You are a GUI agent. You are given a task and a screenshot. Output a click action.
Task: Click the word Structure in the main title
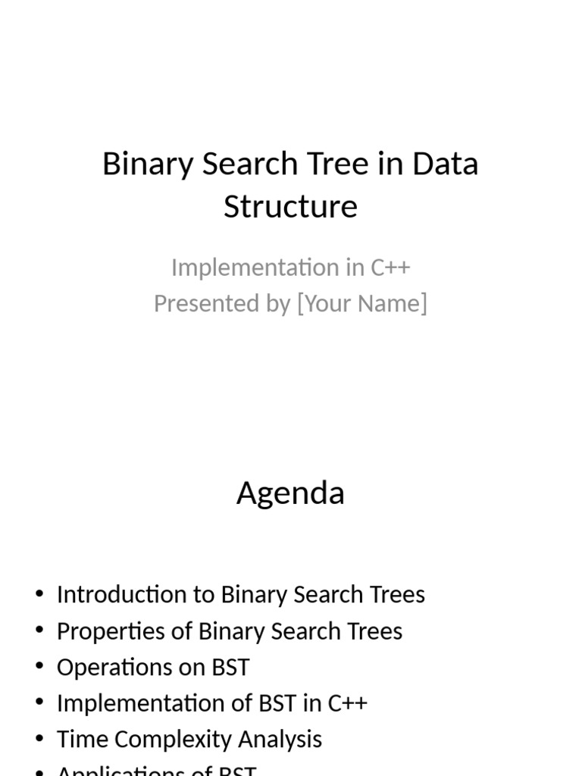(x=290, y=206)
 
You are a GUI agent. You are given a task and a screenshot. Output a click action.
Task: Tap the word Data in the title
(x=445, y=164)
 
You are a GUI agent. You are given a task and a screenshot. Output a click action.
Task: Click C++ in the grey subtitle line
(x=390, y=268)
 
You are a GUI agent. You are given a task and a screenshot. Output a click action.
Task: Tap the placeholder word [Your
(x=327, y=303)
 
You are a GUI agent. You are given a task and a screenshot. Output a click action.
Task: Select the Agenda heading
(x=290, y=493)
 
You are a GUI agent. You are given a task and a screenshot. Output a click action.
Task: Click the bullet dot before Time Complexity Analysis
(x=39, y=740)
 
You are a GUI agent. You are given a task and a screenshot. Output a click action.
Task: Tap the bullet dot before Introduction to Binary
(x=39, y=594)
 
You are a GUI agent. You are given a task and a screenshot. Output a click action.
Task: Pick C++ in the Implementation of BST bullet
(x=348, y=703)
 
